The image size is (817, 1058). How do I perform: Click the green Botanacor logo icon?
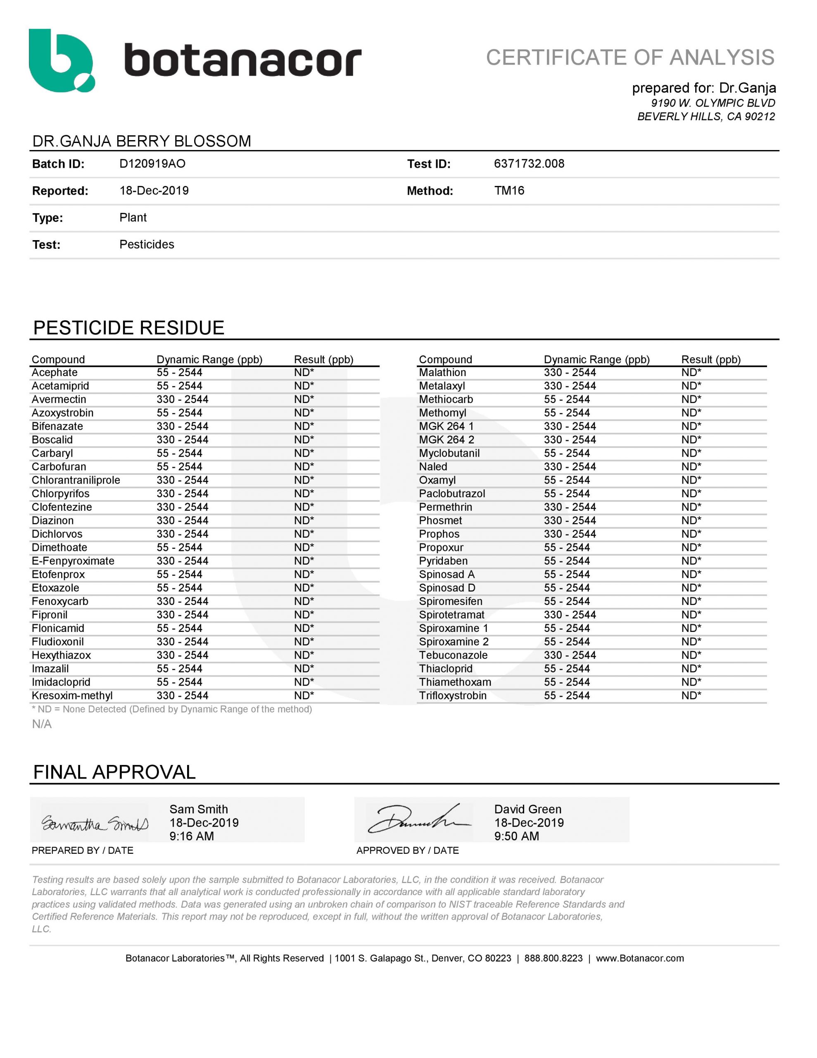point(62,61)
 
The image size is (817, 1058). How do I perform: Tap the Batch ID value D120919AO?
point(152,164)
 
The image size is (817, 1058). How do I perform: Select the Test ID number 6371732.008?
point(529,164)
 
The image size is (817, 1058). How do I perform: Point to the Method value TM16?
point(509,191)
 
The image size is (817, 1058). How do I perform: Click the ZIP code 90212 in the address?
point(760,117)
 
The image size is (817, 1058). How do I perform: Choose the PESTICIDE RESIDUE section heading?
point(128,328)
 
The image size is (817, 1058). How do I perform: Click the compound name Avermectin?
point(59,400)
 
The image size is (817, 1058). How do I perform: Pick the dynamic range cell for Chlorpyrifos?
point(182,493)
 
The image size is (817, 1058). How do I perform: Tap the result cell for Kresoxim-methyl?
point(304,696)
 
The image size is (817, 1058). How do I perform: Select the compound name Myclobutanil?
point(449,453)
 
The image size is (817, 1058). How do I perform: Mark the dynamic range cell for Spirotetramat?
point(570,615)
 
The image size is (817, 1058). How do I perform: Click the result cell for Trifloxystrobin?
point(691,696)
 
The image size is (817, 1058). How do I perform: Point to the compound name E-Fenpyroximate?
point(73,561)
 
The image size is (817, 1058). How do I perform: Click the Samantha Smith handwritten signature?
point(95,824)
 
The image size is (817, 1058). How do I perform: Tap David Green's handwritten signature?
point(419,820)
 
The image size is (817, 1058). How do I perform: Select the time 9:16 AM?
point(191,836)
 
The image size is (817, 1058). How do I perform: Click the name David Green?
point(527,809)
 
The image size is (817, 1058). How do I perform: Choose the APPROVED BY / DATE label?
point(407,851)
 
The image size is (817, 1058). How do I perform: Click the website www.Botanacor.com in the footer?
point(639,958)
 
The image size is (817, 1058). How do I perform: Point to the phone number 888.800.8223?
point(553,958)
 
